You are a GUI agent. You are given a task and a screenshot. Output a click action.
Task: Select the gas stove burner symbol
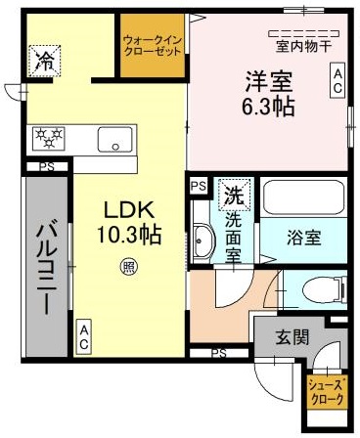(49, 137)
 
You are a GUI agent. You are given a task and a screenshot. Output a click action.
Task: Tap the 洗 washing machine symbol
(234, 194)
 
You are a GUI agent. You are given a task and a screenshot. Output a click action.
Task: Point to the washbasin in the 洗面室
(203, 237)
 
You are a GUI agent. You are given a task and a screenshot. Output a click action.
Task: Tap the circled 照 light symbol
(128, 263)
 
